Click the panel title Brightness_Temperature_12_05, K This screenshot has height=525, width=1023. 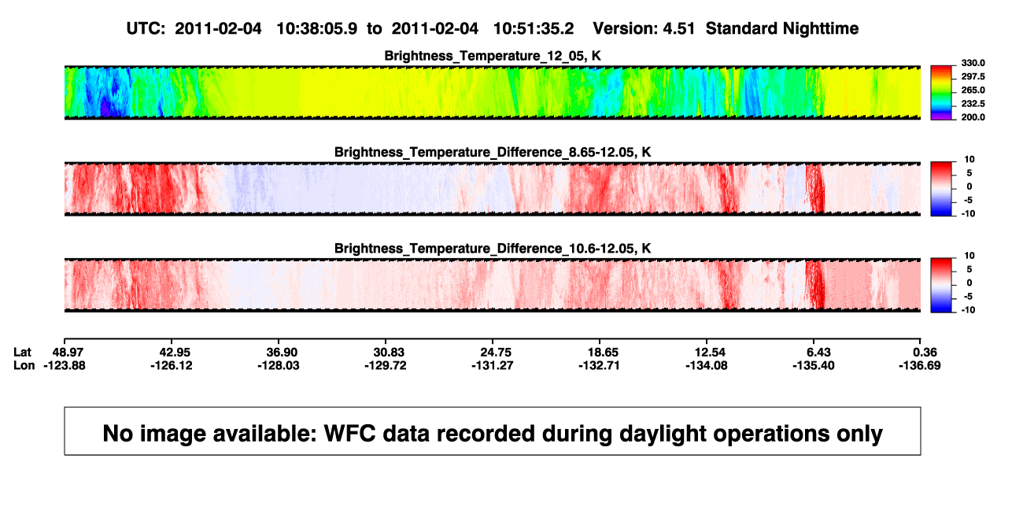tap(493, 56)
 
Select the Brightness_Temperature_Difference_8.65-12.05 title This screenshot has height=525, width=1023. tap(493, 152)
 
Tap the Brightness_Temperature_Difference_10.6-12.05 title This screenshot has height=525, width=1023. tap(493, 249)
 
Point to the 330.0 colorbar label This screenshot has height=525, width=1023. tap(973, 63)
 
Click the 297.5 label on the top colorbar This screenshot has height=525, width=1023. tap(973, 76)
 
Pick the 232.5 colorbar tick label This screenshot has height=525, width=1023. tap(973, 103)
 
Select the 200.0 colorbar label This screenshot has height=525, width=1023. tap(973, 117)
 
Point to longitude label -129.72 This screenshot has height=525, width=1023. tap(385, 365)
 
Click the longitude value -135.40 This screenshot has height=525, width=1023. tap(814, 365)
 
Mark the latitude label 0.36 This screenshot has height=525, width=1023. tap(925, 353)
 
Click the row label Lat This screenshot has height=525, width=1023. tap(22, 353)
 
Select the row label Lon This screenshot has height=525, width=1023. tap(24, 365)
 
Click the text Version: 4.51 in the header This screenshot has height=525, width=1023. tap(644, 28)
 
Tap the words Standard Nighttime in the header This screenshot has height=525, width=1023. tap(782, 28)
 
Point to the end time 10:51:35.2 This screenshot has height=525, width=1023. tap(534, 28)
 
